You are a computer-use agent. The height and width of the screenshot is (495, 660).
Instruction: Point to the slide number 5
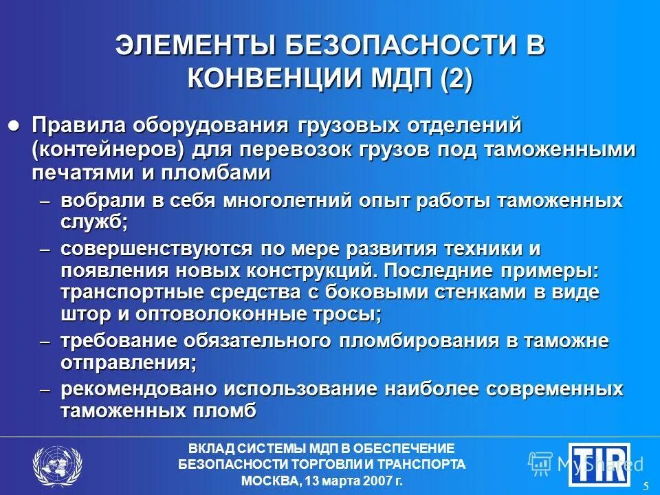[646, 486]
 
